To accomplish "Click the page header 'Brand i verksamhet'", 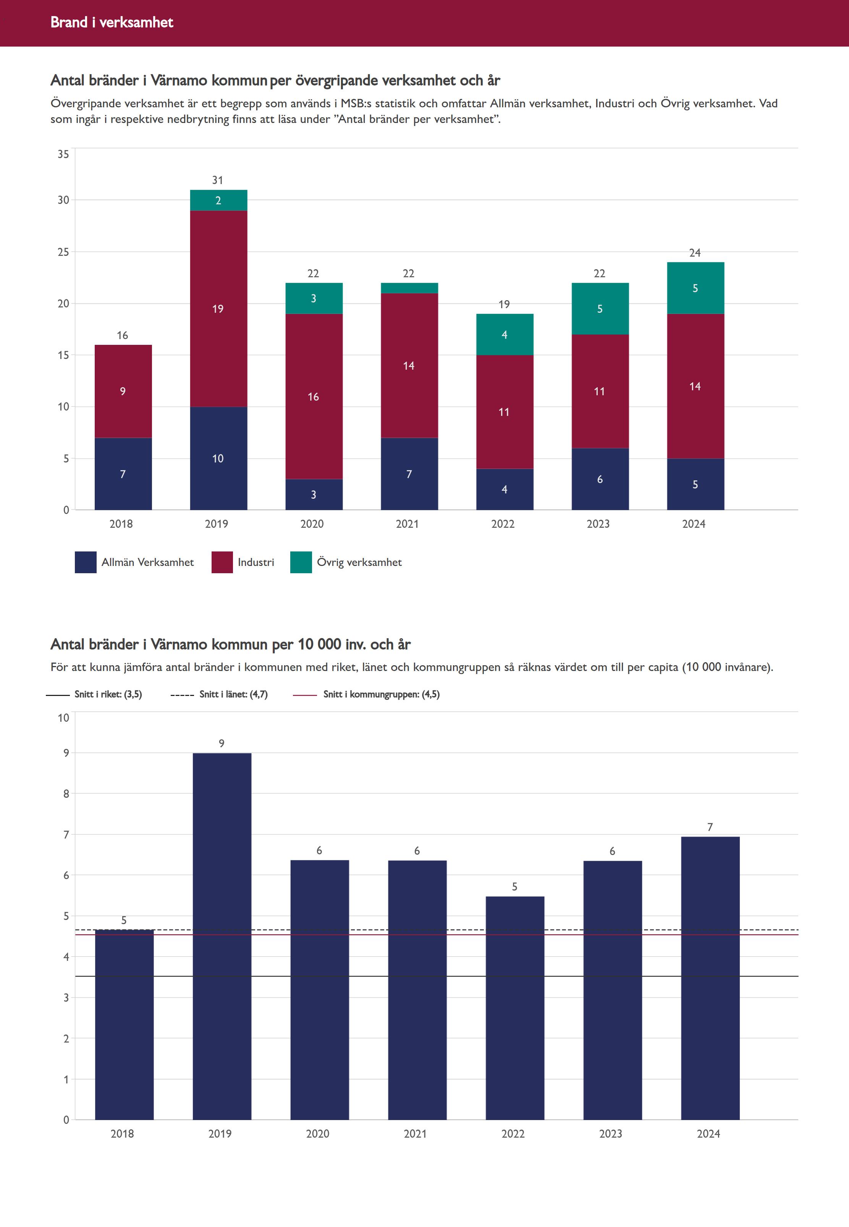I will tap(112, 22).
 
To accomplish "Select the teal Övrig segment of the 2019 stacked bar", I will tap(218, 200).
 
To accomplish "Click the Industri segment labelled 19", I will tap(218, 309).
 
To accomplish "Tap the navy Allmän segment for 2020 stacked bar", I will tap(314, 494).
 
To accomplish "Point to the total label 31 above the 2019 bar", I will tap(218, 180).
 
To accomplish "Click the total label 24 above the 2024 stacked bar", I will tap(695, 253).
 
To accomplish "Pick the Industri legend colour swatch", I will tap(222, 562).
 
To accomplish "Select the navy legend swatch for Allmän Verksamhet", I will tap(86, 562).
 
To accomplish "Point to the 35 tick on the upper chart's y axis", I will tap(63, 154).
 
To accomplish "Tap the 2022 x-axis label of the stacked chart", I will tap(503, 524).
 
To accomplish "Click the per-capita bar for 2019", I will tap(222, 936).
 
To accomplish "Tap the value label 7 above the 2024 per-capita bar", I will tap(710, 827).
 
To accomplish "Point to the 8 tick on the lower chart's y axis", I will tap(66, 794).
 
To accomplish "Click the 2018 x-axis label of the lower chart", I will tap(122, 1133).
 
